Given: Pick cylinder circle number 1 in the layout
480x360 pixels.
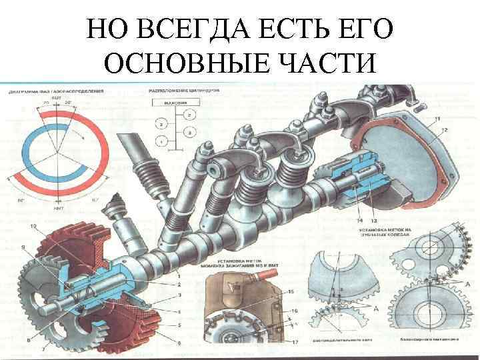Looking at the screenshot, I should pos(161,141).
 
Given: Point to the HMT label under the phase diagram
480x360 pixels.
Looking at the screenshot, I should pos(59,208).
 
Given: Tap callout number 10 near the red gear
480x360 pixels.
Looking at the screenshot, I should pos(33,227).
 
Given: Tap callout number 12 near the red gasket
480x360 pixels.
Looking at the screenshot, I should pos(444,128).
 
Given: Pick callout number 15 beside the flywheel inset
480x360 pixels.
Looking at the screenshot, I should pos(290,292).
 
